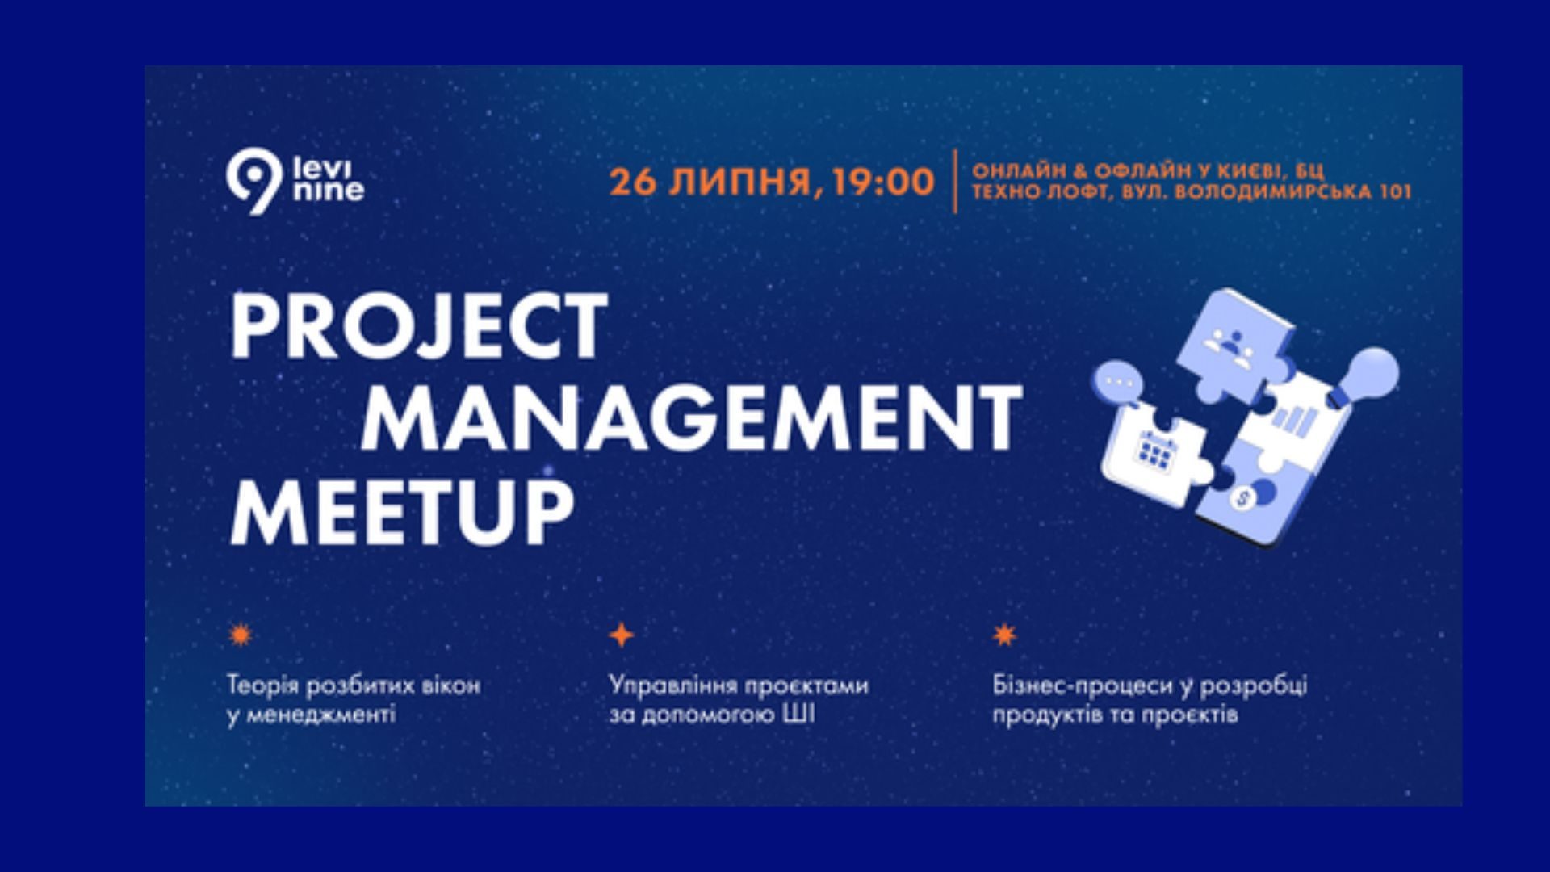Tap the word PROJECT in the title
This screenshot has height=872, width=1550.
(x=418, y=326)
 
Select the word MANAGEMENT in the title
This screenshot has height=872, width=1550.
(x=692, y=417)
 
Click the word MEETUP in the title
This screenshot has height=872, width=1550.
(x=402, y=510)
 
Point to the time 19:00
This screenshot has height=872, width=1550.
(x=883, y=182)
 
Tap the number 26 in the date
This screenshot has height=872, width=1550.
(x=634, y=182)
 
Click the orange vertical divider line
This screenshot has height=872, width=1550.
(x=955, y=181)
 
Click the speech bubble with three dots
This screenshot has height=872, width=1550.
(x=1120, y=383)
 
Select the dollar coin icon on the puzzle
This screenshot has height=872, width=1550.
(x=1242, y=498)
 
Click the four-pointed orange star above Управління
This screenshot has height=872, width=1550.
(x=621, y=635)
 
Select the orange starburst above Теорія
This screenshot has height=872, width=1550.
(x=240, y=635)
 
